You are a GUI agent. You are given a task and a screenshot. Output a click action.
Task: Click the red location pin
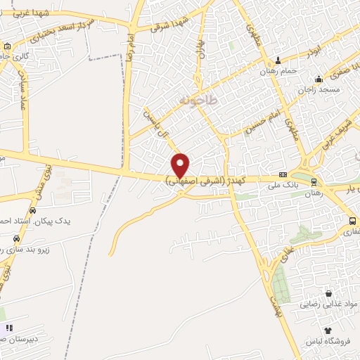click(x=181, y=165)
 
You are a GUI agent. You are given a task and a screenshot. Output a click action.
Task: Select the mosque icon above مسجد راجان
click(x=319, y=78)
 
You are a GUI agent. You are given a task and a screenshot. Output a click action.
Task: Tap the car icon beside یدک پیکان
click(x=33, y=210)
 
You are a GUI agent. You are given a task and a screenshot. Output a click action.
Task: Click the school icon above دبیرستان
click(x=9, y=328)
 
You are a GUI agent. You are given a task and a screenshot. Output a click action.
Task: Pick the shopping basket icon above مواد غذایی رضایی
click(x=328, y=293)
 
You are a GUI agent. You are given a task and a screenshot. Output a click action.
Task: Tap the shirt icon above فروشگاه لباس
click(x=328, y=329)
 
